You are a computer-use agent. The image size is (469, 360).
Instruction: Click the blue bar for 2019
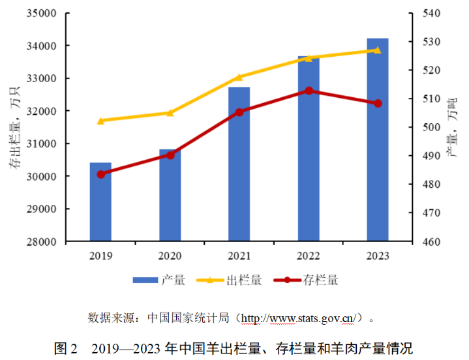[100, 202]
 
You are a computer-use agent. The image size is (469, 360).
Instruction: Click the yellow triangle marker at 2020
[170, 112]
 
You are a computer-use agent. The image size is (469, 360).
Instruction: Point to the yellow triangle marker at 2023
[378, 50]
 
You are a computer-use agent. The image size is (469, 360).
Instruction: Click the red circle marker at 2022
[309, 91]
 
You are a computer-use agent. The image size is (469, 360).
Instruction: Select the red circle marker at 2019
[101, 174]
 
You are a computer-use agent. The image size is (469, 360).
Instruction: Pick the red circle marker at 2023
[378, 103]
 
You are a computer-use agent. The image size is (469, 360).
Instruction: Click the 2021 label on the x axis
[239, 256]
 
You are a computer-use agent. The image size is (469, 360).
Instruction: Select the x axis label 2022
[309, 256]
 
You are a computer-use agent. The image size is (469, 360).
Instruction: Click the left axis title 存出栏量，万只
[14, 128]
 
